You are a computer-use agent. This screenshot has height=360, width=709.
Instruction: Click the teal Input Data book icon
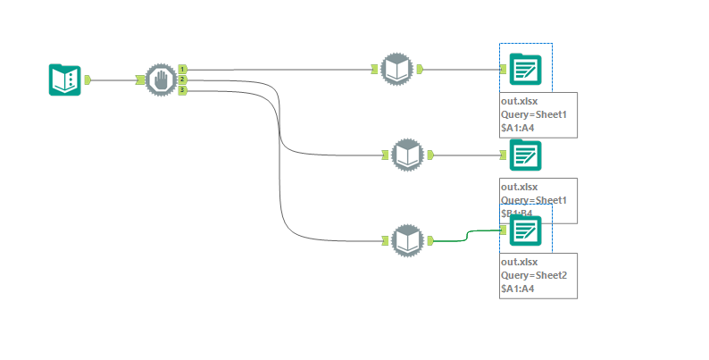(63, 80)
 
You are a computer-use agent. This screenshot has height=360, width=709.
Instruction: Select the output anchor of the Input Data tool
(88, 80)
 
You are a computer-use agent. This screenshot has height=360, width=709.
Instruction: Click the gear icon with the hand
(162, 80)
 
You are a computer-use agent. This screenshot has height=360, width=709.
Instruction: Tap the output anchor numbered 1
(182, 69)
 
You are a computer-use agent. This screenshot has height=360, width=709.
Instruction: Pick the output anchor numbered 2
(182, 80)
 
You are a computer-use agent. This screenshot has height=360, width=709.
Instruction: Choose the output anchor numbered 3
(182, 90)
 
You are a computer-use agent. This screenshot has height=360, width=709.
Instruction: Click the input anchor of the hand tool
(141, 80)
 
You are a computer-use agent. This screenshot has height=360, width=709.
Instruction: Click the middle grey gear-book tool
(407, 155)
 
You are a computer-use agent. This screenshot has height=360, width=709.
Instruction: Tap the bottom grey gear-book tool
(407, 239)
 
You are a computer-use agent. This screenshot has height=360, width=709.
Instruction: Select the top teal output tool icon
(524, 69)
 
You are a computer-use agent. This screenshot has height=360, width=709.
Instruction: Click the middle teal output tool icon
(524, 155)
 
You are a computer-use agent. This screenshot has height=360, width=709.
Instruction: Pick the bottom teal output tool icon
(524, 231)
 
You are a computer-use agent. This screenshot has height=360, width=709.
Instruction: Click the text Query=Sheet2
(534, 275)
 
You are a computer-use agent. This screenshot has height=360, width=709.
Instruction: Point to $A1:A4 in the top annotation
(517, 128)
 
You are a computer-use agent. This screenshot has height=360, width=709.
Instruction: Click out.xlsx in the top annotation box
(519, 101)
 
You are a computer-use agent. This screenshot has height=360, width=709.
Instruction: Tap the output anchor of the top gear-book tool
(420, 69)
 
